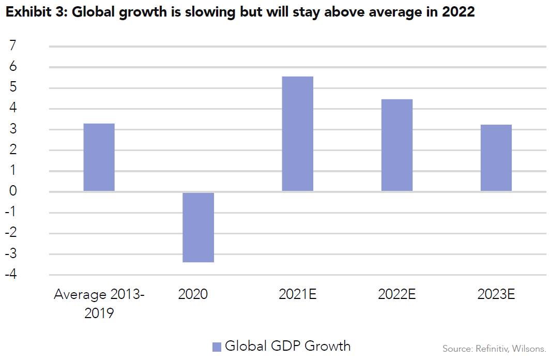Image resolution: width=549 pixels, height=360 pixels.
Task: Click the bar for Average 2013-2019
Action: [99, 157]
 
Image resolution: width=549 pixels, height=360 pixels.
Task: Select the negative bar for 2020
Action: [198, 227]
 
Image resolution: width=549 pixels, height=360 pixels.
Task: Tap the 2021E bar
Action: [297, 134]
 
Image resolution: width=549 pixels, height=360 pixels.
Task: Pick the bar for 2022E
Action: [396, 145]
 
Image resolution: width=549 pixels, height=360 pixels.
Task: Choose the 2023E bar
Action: [496, 158]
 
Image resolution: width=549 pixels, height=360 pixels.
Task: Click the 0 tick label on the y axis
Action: [13, 192]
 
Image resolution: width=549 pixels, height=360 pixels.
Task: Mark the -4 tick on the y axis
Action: [11, 275]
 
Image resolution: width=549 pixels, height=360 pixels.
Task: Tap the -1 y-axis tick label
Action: [11, 213]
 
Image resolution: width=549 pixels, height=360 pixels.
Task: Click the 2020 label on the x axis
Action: [193, 295]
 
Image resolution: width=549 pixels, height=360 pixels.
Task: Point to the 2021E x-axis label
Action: [297, 295]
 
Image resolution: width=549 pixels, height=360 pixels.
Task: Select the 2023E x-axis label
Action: [496, 295]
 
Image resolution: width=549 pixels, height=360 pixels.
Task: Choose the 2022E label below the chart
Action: [396, 295]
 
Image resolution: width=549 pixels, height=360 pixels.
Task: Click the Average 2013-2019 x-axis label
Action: [99, 304]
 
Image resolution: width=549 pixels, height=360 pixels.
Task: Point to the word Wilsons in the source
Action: [530, 348]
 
